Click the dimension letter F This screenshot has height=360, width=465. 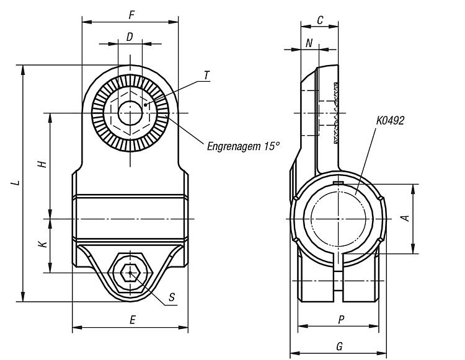pos(132,15)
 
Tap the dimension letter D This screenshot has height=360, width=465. pos(130,37)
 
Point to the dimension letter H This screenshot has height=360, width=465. pos(43,164)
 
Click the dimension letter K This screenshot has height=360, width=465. pos(43,244)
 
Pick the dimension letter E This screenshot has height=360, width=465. pos(133,320)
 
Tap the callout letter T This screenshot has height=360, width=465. pos(206,76)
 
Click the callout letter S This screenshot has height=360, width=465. pos(172,297)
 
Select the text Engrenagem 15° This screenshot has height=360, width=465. pos(243,146)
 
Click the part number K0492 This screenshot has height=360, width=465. pos(390,121)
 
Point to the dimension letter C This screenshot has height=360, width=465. pos(320,20)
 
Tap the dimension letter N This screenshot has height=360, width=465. pos(309,43)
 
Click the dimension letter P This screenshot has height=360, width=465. pos(342,320)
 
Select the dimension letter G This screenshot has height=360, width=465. pos(340,346)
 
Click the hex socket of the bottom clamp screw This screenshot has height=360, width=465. pos(130,273)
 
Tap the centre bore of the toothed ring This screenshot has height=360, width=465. pos(130,113)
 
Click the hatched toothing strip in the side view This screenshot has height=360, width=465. pos(336,113)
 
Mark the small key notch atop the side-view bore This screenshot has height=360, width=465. pos(338,183)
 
